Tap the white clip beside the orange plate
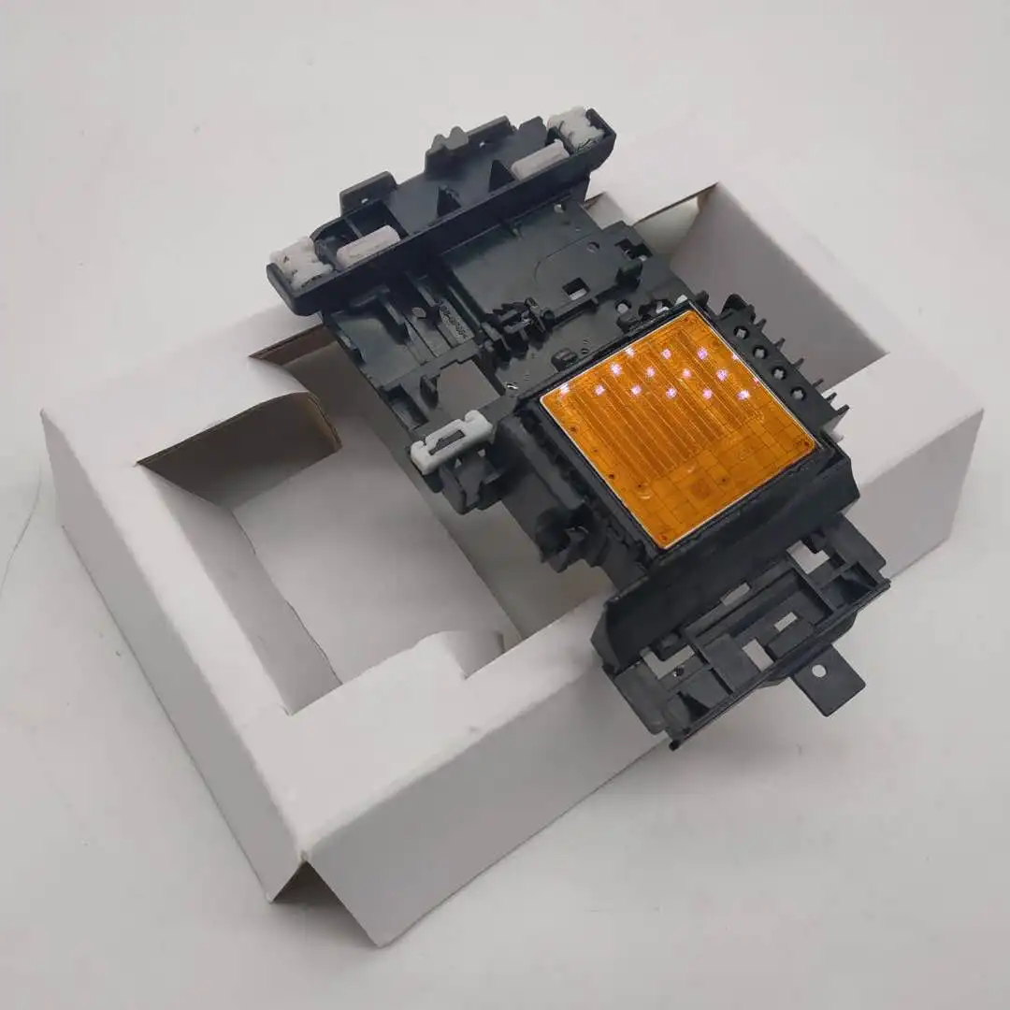451,438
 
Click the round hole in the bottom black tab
817,671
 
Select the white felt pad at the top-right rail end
575,127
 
